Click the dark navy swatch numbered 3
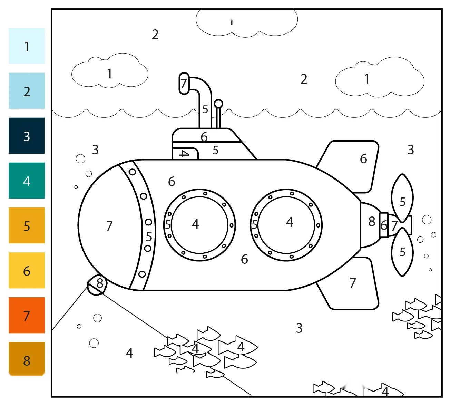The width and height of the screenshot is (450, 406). (x=27, y=136)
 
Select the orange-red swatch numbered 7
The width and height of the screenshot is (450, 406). (x=27, y=315)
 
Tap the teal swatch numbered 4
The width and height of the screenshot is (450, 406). (x=27, y=181)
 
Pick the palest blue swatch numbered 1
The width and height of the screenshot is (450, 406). (x=27, y=46)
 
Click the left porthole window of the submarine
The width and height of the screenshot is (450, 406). (x=199, y=225)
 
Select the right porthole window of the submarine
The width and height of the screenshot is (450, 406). (x=286, y=225)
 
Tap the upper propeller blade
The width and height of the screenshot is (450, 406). (x=402, y=198)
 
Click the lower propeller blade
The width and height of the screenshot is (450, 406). (x=402, y=252)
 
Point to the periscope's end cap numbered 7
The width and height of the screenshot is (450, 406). (x=184, y=84)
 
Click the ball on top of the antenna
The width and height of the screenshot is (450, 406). (x=218, y=104)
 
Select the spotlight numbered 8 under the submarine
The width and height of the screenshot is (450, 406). (x=97, y=285)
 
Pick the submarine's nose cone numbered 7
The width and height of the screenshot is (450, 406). (x=110, y=225)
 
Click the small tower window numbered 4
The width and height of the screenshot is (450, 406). (x=185, y=154)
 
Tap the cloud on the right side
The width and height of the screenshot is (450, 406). (x=380, y=77)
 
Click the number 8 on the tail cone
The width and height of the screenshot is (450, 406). (x=372, y=222)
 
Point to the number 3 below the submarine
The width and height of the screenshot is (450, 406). (x=299, y=328)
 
